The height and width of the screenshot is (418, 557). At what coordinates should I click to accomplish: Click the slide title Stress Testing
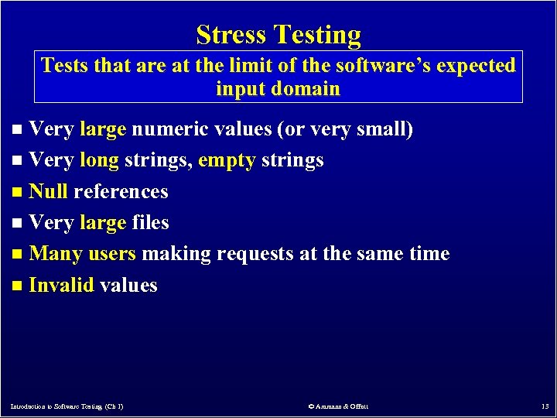tap(278, 35)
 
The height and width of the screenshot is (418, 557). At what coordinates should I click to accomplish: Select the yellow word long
tap(99, 160)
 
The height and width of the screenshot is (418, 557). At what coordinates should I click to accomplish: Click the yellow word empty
tap(227, 160)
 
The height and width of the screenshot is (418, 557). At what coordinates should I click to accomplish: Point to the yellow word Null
tap(48, 191)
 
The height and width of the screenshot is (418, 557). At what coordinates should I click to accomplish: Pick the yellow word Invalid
tap(61, 285)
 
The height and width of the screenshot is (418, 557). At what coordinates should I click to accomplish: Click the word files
tap(150, 223)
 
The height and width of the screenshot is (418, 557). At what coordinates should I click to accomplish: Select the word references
tap(121, 191)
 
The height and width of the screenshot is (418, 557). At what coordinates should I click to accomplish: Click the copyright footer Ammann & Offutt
tap(338, 406)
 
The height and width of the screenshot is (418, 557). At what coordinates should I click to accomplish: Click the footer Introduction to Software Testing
tap(67, 406)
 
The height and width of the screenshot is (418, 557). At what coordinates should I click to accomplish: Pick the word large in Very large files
tap(102, 223)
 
